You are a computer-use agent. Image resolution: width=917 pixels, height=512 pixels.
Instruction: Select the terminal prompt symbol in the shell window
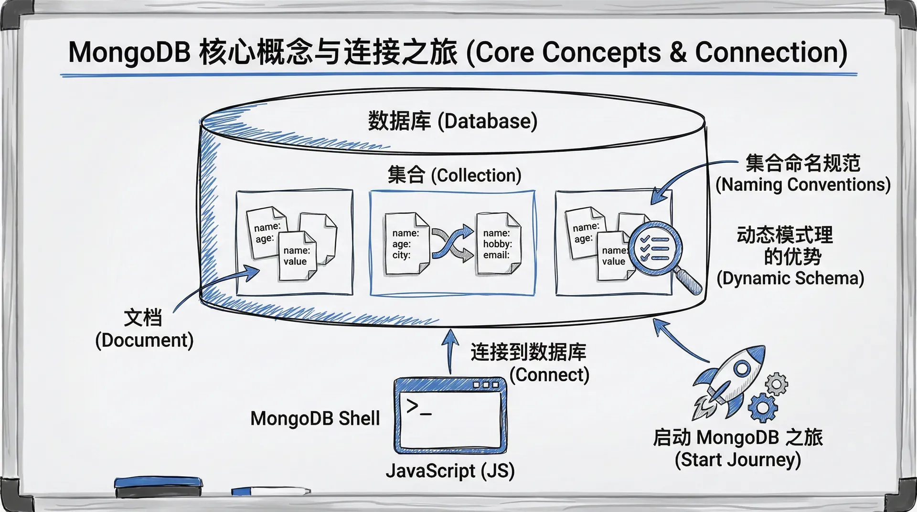pyautogui.click(x=418, y=407)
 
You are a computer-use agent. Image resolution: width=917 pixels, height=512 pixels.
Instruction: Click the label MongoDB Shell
pyautogui.click(x=315, y=418)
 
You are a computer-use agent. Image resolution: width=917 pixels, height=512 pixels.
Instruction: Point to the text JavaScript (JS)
pyautogui.click(x=450, y=471)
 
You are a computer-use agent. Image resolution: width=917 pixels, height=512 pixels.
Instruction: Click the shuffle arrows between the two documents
pyautogui.click(x=452, y=244)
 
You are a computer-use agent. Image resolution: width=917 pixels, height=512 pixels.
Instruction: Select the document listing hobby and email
pyautogui.click(x=498, y=244)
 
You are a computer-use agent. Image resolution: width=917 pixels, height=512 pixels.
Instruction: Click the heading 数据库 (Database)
pyautogui.click(x=452, y=121)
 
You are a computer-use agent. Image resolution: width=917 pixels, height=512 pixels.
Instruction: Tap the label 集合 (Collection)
pyautogui.click(x=454, y=175)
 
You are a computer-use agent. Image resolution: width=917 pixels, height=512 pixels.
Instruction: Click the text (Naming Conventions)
pyautogui.click(x=803, y=184)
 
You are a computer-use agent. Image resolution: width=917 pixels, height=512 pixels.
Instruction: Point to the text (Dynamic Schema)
pyautogui.click(x=790, y=278)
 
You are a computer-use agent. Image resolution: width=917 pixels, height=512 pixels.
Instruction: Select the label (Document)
pyautogui.click(x=144, y=341)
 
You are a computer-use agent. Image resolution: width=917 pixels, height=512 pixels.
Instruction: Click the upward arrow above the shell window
pyautogui.click(x=449, y=351)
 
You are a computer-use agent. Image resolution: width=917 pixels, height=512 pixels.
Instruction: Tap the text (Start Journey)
pyautogui.click(x=737, y=459)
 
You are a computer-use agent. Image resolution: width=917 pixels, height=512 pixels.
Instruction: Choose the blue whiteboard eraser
pyautogui.click(x=159, y=486)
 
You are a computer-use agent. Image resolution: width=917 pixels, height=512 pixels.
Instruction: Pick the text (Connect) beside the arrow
pyautogui.click(x=549, y=375)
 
